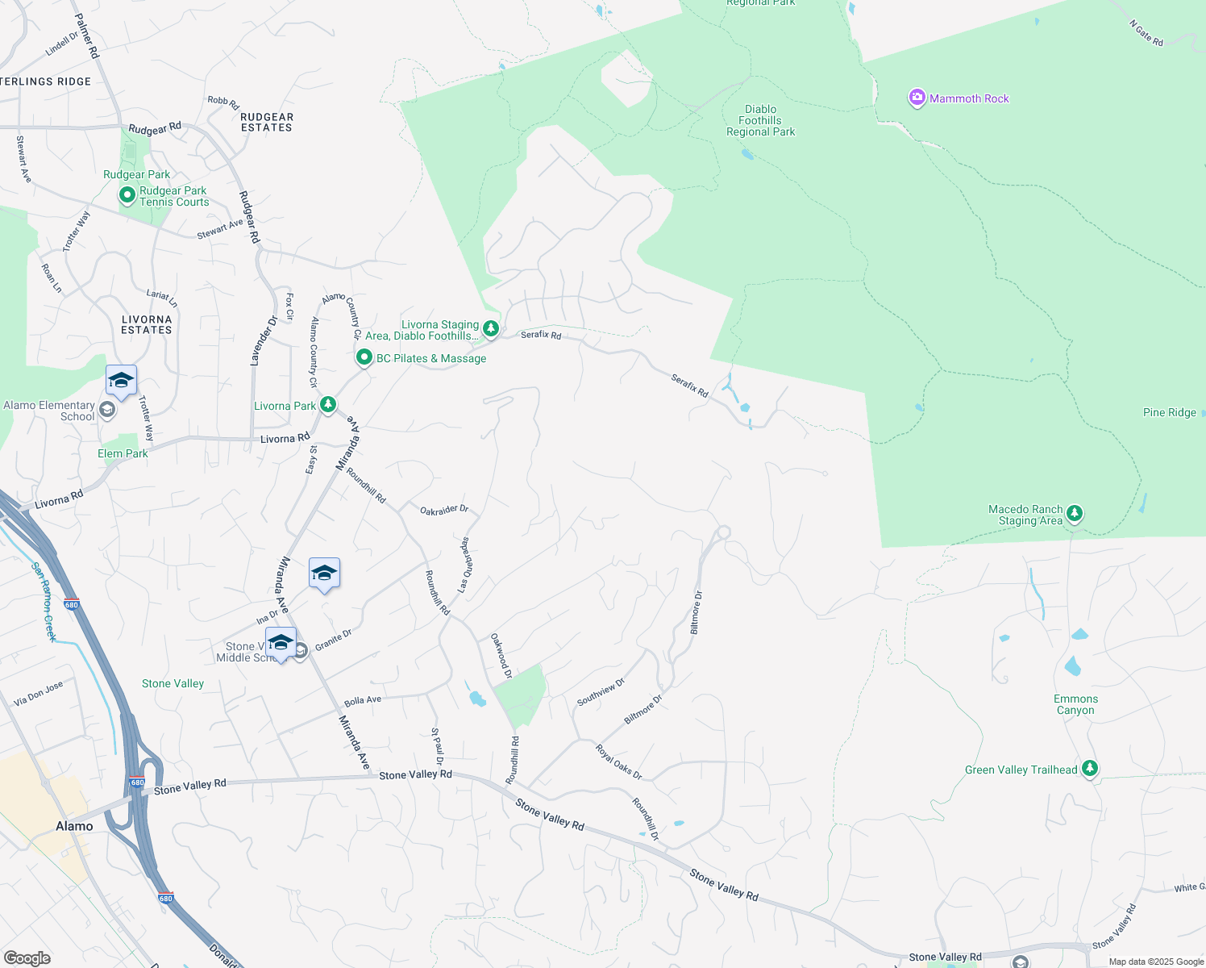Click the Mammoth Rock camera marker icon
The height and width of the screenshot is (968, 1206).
click(917, 98)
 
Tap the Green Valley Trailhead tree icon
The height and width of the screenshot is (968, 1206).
click(1090, 769)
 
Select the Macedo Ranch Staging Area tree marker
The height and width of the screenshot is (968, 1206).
click(1074, 514)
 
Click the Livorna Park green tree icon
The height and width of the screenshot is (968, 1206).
click(327, 405)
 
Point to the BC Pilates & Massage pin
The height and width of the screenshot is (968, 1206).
click(364, 357)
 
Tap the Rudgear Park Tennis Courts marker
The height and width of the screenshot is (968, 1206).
click(127, 195)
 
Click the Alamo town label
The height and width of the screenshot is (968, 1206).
click(74, 826)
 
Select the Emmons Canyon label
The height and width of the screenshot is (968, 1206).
click(1075, 704)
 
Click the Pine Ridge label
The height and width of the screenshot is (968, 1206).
click(1169, 412)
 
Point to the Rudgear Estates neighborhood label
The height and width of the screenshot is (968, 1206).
click(267, 122)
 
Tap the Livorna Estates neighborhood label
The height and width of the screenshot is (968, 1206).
click(147, 324)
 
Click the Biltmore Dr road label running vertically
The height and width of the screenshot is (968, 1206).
click(696, 611)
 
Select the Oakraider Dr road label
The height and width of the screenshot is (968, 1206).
click(444, 510)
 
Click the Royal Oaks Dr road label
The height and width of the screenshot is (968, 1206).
click(619, 762)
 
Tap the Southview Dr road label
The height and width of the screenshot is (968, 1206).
click(601, 692)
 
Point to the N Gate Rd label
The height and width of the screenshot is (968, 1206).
click(1146, 33)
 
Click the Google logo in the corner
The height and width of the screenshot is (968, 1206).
click(27, 958)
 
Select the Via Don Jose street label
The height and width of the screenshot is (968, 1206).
click(39, 694)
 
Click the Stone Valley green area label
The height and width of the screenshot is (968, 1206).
click(173, 683)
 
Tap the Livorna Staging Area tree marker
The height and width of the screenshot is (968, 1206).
click(490, 328)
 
